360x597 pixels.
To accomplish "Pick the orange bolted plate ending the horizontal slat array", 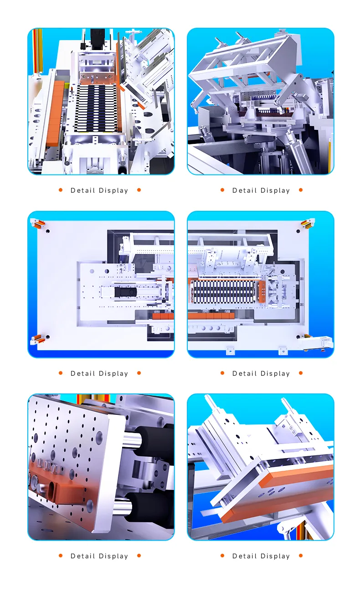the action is (x=261, y=291).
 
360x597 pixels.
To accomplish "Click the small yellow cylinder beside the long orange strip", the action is (x=67, y=86).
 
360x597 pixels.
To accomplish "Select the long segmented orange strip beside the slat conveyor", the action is (x=55, y=114).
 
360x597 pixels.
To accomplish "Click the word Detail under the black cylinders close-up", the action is (x=82, y=556).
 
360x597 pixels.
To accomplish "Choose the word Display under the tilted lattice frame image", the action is (x=275, y=190).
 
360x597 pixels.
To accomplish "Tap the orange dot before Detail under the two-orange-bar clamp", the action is (x=222, y=556).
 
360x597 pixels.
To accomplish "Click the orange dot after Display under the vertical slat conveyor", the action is (x=139, y=190).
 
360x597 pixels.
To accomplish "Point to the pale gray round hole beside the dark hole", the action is (x=92, y=271).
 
